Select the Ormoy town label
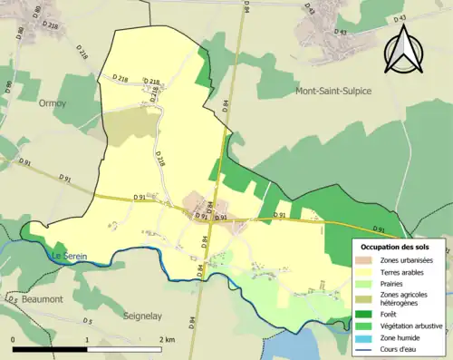click(x=53, y=103)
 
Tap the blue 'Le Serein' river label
click(x=67, y=257)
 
